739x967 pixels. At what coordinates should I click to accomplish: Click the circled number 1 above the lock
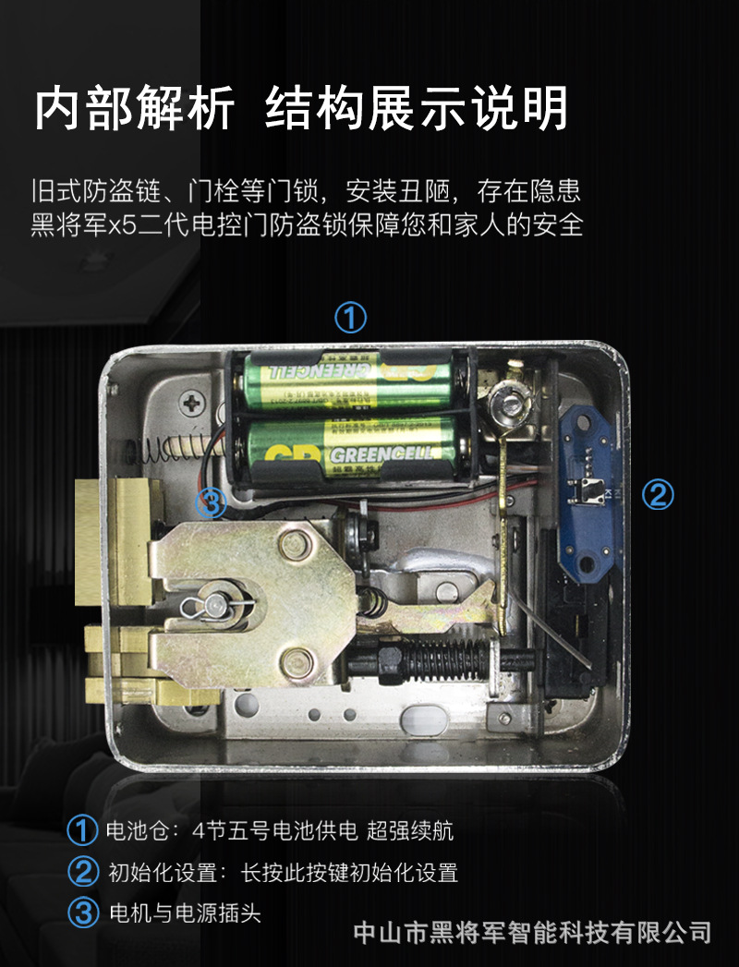[350, 318]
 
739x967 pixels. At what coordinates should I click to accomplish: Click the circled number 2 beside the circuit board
[658, 495]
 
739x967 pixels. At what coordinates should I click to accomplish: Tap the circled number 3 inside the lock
[211, 503]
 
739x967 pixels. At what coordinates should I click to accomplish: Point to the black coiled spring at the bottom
[444, 659]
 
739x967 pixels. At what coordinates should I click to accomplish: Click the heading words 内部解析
[134, 109]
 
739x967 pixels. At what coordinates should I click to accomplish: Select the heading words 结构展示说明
[417, 109]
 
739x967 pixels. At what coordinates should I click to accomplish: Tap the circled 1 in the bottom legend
[82, 829]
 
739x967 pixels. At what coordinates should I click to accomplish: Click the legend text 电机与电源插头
[185, 913]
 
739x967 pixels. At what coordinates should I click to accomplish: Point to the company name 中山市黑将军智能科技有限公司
[533, 932]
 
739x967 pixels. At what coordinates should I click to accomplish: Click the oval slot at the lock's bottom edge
[423, 718]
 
